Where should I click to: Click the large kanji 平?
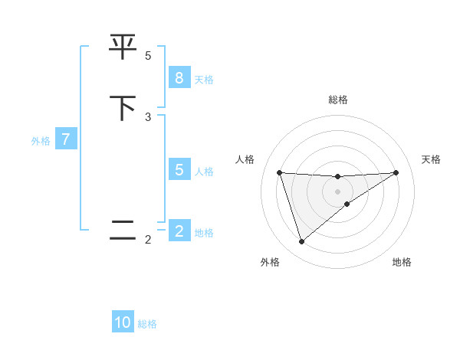click(x=123, y=47)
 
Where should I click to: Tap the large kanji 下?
click(x=123, y=108)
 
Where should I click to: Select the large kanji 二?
click(x=123, y=231)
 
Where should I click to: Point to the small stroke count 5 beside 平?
click(x=148, y=56)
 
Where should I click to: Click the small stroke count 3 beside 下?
click(x=148, y=116)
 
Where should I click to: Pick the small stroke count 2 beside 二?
click(x=148, y=240)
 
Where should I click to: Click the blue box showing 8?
click(x=179, y=77)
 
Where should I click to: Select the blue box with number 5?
click(x=179, y=170)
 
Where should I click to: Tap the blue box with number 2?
click(x=179, y=231)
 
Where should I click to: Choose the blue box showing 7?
click(x=66, y=139)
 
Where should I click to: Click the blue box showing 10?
click(x=123, y=322)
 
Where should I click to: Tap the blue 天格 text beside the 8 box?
click(x=204, y=79)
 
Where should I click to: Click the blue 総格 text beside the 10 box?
click(x=147, y=324)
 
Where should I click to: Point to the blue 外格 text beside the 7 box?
click(x=41, y=141)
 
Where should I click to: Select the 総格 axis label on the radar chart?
click(x=337, y=100)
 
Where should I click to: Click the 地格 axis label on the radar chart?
click(x=402, y=262)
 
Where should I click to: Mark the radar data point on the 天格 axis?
click(x=396, y=172)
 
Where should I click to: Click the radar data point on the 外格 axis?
click(x=301, y=241)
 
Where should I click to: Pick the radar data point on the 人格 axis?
click(x=279, y=172)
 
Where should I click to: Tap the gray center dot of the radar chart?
click(x=337, y=191)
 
